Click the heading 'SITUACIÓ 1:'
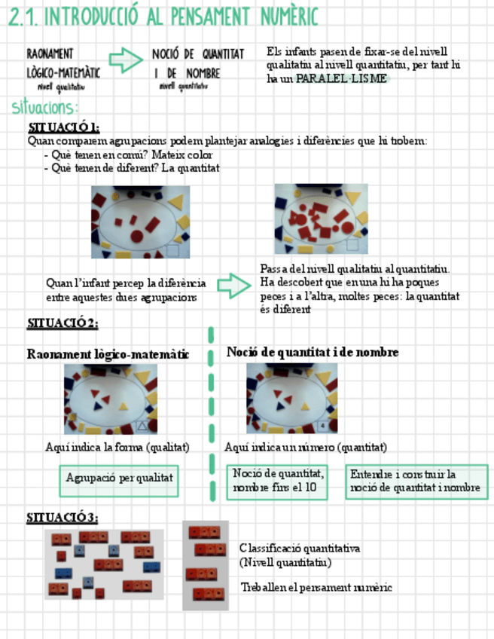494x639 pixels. pos(64,127)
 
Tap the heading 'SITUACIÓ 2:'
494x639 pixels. pos(63,323)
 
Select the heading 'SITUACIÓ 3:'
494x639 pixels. pos(63,518)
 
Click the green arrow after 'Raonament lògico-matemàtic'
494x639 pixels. pos(125,60)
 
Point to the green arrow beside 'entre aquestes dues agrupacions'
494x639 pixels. pos(233,285)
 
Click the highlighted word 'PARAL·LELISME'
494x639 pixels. pos(342,78)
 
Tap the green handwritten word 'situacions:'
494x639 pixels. pos(45,107)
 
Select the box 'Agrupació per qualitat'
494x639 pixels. pos(120,478)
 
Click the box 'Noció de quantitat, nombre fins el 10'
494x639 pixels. pos(279,481)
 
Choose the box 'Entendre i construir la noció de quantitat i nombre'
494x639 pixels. pos(416,481)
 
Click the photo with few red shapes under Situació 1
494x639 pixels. pos(140,222)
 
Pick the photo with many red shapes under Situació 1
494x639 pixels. pos(322,219)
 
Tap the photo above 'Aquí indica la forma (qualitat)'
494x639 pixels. pos(111,399)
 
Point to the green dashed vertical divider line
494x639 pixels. pos(211,414)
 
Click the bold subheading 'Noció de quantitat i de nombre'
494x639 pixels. pos(313,353)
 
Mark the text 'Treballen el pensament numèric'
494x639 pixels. pos(316,587)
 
